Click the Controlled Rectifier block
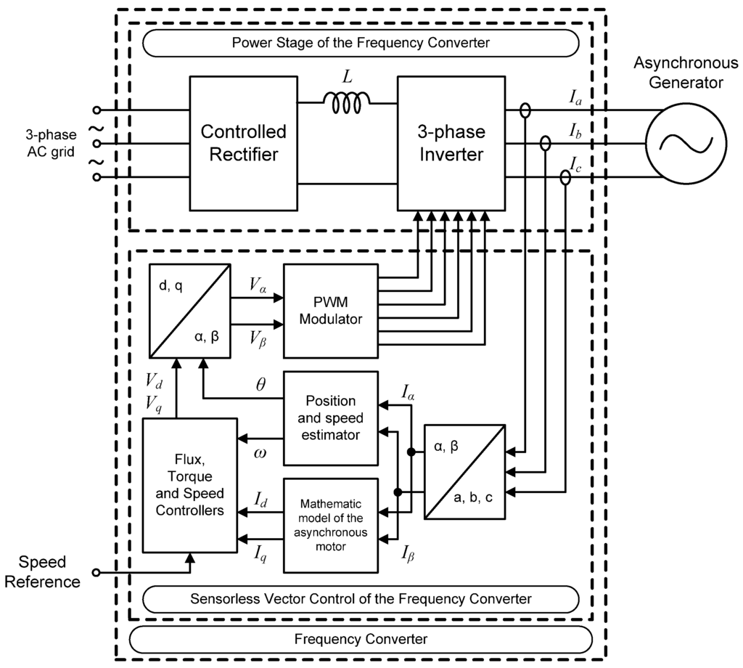click(243, 142)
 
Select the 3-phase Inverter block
click(451, 142)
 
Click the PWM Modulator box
click(330, 310)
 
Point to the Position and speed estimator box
click(330, 418)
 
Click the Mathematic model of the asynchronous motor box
click(330, 525)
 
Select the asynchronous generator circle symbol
click(686, 143)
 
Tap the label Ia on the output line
click(575, 98)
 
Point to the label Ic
click(575, 165)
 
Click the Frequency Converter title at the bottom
click(361, 639)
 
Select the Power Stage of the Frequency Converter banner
click(361, 43)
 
